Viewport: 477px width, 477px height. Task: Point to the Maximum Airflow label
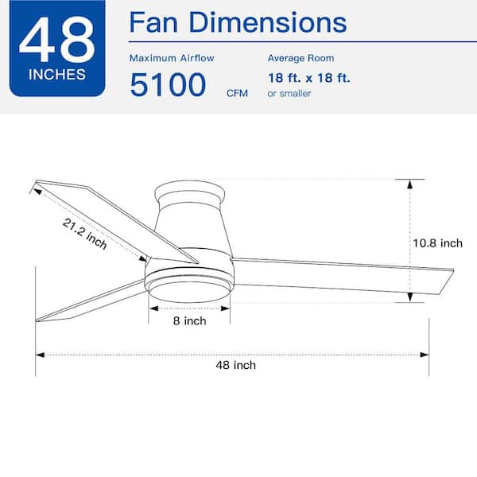[x=172, y=58]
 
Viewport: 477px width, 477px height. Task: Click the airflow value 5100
[x=169, y=85]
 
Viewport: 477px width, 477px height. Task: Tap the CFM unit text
[x=237, y=93]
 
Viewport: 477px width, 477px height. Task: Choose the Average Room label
[x=301, y=58]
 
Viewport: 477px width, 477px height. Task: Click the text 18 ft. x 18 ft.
[x=309, y=78]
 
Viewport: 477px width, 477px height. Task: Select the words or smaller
[x=289, y=93]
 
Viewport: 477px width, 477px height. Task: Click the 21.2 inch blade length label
[x=85, y=234]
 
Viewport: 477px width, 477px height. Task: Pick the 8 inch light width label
[x=189, y=321]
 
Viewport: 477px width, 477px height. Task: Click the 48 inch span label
[x=235, y=365]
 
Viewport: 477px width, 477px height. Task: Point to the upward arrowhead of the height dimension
[x=410, y=184]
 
